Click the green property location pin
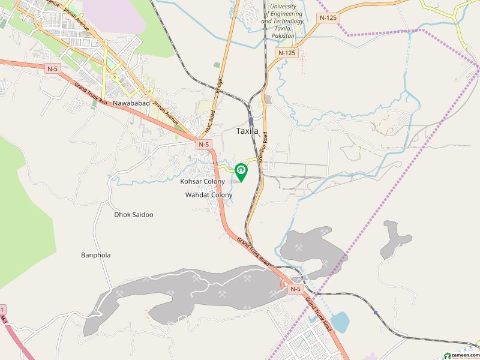(241, 172)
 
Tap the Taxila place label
(248, 130)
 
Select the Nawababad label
(128, 103)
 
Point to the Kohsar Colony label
(202, 181)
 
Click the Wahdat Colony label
(208, 196)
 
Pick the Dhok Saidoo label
(134, 214)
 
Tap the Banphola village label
(96, 255)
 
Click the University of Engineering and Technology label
(284, 21)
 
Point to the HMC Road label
(208, 124)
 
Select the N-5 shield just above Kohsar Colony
(205, 144)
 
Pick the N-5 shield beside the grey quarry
(294, 289)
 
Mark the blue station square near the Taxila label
(250, 120)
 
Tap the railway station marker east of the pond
(376, 313)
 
